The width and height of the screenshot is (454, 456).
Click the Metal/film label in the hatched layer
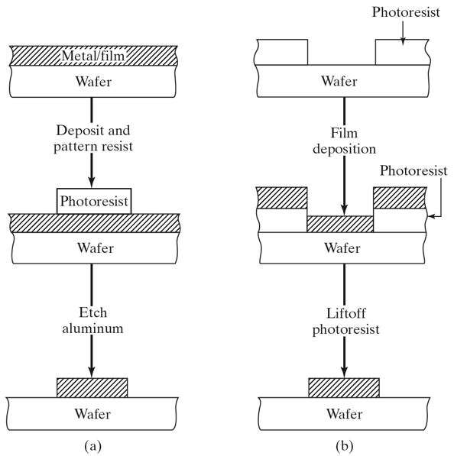92,54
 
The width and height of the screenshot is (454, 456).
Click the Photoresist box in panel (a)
92,202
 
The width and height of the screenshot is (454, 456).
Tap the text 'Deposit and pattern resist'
92,137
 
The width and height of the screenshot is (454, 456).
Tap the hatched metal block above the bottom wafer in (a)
92,387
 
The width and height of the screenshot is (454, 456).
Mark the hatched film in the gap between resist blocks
340,224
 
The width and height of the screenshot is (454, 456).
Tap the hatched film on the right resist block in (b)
398,197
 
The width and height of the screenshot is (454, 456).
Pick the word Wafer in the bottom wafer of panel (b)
342,414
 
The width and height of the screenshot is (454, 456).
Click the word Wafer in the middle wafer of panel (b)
342,247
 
